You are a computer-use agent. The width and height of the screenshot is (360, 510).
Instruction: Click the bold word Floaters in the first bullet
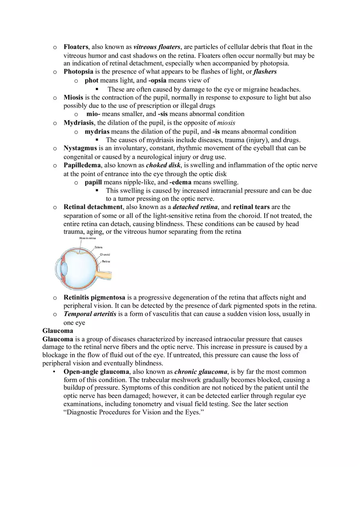click(76, 47)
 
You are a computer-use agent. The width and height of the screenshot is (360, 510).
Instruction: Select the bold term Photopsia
click(78, 72)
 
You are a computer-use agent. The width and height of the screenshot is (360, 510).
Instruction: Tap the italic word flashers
click(265, 72)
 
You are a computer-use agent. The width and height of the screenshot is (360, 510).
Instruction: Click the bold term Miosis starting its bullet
click(73, 97)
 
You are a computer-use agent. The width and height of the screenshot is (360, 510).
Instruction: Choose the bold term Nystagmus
click(80, 148)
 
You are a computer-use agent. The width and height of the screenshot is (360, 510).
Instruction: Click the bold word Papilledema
click(82, 165)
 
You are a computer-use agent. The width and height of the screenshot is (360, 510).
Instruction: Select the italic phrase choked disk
click(163, 165)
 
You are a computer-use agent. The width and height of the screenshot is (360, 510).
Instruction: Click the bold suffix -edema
click(180, 182)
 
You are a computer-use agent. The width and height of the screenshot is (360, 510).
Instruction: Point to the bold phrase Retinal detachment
click(93, 207)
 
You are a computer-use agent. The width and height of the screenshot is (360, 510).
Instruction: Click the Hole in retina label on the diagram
click(88, 238)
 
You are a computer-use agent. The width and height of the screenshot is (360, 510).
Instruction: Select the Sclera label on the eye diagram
click(98, 247)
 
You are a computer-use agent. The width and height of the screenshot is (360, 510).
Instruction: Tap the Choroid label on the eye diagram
click(105, 254)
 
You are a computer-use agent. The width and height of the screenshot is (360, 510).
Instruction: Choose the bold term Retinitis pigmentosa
click(94, 297)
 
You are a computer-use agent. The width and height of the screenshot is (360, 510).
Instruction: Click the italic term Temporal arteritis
click(90, 314)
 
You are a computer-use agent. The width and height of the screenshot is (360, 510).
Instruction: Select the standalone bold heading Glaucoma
click(58, 330)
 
